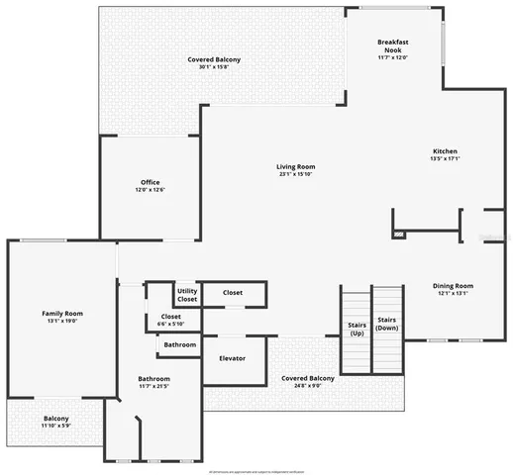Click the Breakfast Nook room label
(393, 46)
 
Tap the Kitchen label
(444, 151)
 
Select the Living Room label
(295, 166)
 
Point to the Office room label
(150, 182)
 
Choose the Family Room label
(61, 313)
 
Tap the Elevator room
(232, 357)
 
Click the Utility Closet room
(187, 294)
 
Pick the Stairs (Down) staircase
(387, 323)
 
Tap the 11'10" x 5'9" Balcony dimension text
(55, 426)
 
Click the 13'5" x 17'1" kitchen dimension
(444, 159)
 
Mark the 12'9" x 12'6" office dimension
(150, 190)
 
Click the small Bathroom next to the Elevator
(179, 344)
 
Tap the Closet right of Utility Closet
(233, 293)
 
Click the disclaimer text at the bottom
(256, 468)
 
